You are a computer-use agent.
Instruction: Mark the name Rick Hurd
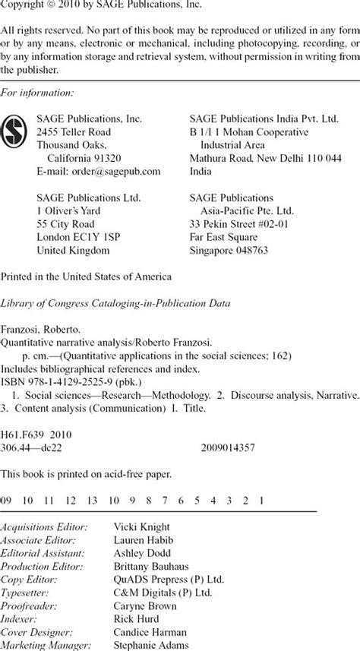[x=134, y=618]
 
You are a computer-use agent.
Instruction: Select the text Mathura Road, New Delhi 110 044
[x=264, y=158]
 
